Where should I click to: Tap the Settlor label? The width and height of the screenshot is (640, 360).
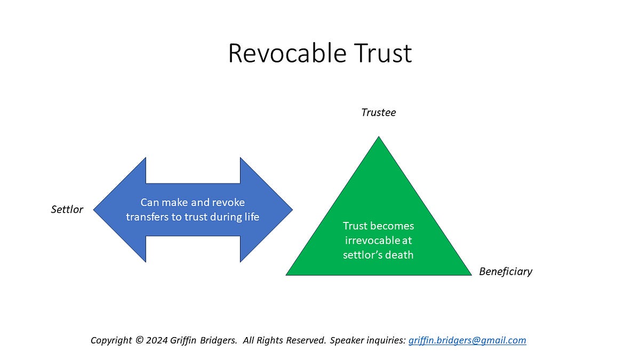pyautogui.click(x=67, y=210)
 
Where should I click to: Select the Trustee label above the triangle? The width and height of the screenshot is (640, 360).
pyautogui.click(x=379, y=113)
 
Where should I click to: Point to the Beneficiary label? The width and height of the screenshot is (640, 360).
pyautogui.click(x=506, y=271)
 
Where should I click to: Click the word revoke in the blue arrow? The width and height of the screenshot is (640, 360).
pyautogui.click(x=230, y=203)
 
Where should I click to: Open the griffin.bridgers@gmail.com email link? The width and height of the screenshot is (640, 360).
pyautogui.click(x=467, y=340)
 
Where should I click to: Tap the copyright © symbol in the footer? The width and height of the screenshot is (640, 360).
pyautogui.click(x=140, y=340)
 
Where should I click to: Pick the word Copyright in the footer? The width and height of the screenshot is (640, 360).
pyautogui.click(x=111, y=340)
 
